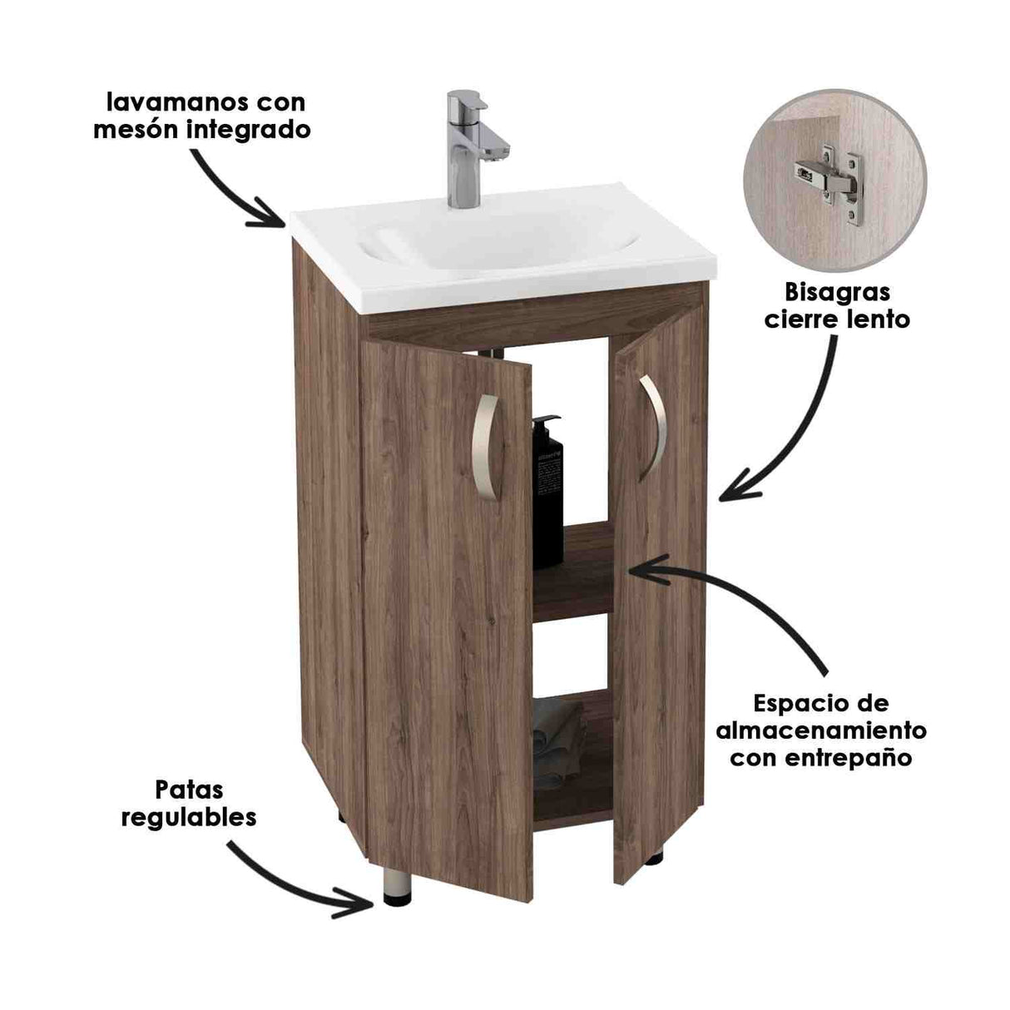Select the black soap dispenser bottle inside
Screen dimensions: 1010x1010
[x=547, y=491]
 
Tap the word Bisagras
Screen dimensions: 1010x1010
[x=838, y=292]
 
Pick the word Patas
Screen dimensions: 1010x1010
[x=189, y=789]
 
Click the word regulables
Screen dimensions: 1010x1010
[x=189, y=817]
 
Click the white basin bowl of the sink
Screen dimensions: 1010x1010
[x=499, y=241]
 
